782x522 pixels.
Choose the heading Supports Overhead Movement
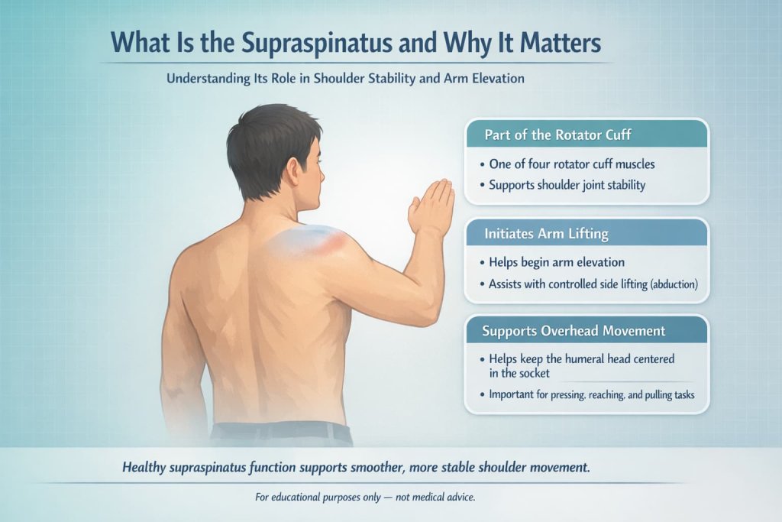point(574,332)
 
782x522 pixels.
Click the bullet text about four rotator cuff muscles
point(568,164)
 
